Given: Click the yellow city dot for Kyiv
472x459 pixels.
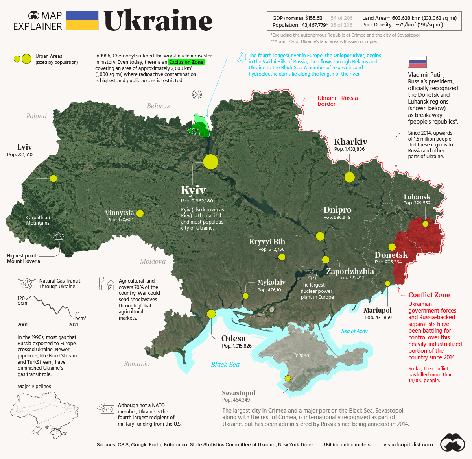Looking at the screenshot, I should click(x=210, y=162).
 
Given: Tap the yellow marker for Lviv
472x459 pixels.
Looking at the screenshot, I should click(x=53, y=179).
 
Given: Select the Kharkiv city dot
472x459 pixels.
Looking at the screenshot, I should click(x=349, y=177).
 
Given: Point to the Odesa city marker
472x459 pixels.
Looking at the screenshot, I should click(x=211, y=314).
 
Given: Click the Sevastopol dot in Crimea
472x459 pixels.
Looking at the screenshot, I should click(x=288, y=378).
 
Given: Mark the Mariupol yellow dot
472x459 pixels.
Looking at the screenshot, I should click(x=387, y=284).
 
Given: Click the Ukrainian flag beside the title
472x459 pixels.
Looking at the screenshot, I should click(x=82, y=20).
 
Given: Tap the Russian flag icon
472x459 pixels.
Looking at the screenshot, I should click(x=417, y=62).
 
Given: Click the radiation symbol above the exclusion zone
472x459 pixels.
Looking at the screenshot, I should click(x=197, y=94).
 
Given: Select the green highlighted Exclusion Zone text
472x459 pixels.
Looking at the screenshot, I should click(x=186, y=62).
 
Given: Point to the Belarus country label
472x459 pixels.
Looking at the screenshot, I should click(x=158, y=106).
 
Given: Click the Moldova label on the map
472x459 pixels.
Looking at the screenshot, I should click(x=153, y=261).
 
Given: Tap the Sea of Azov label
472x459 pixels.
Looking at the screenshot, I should click(x=354, y=331).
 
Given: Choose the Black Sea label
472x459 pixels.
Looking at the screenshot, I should click(x=225, y=365).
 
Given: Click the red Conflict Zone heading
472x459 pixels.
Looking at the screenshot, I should click(x=429, y=295).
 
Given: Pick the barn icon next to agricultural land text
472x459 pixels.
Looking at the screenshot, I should click(x=106, y=283).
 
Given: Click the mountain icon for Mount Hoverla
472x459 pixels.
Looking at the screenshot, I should click(x=59, y=236).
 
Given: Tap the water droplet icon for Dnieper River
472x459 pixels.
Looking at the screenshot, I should click(x=241, y=58).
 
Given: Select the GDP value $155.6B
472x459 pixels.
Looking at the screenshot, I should click(x=313, y=18).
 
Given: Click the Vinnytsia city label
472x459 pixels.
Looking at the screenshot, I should click(x=119, y=213).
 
